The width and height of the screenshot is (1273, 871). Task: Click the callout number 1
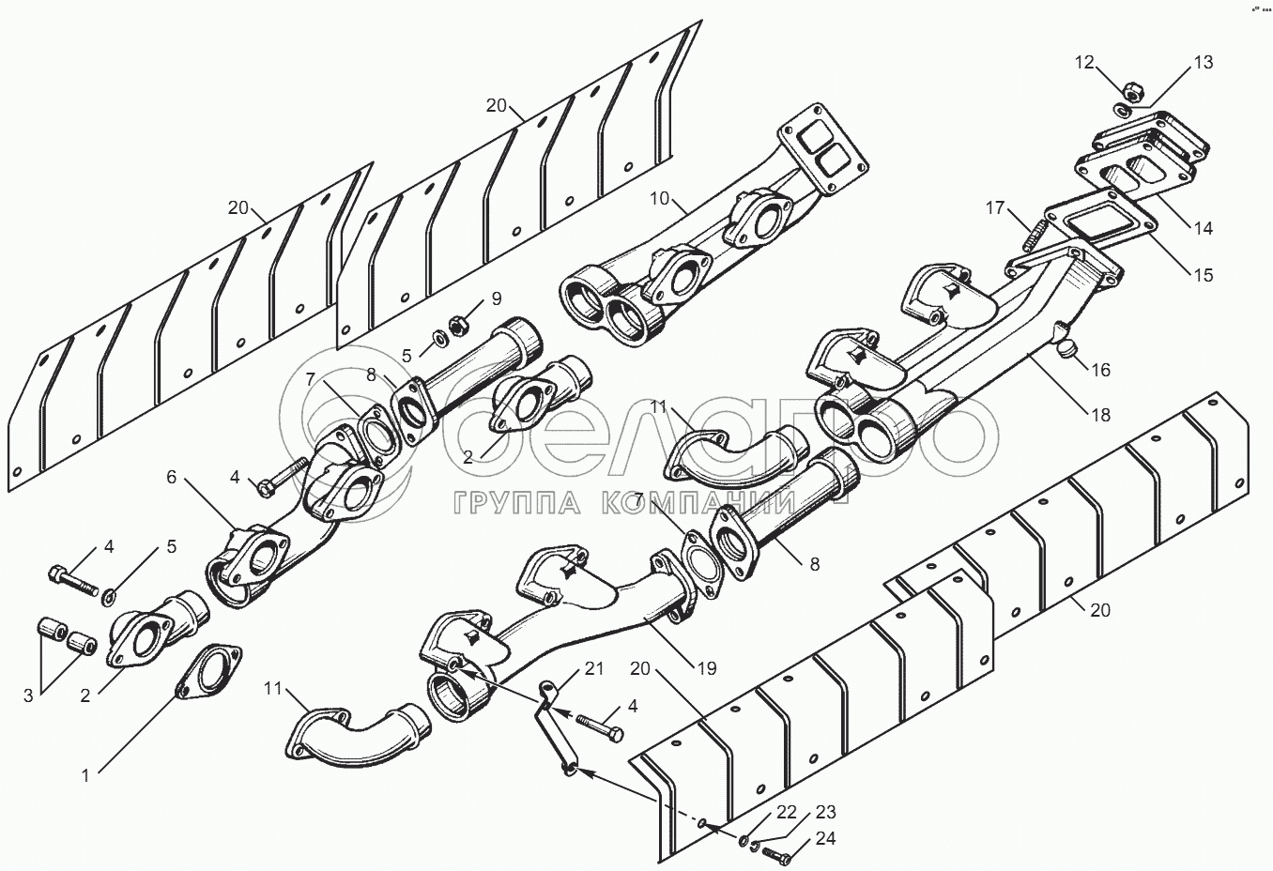85,776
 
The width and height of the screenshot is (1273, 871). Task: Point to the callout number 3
28,696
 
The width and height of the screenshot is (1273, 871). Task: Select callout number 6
172,477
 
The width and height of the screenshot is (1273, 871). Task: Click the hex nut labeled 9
457,326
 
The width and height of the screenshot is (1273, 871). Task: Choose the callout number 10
660,198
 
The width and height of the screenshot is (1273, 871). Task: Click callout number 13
1204,62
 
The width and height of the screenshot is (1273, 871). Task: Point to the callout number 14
1204,228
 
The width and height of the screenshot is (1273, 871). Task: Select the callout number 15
1204,275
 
